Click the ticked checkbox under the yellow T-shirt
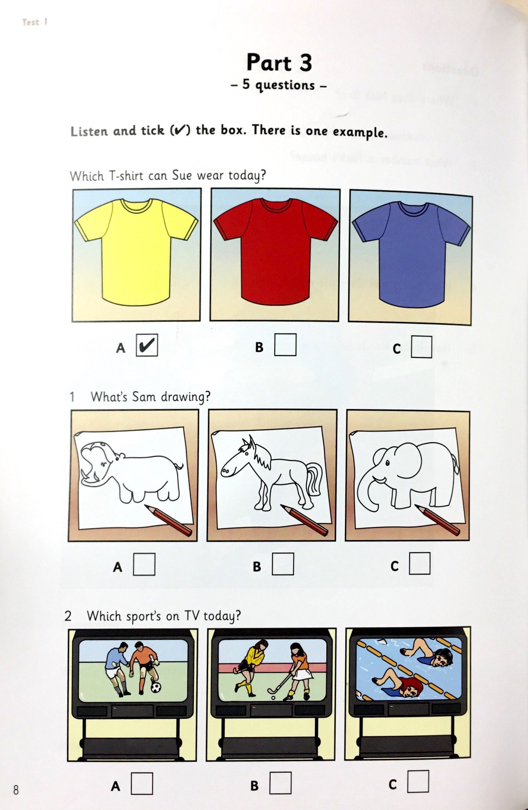click(147, 345)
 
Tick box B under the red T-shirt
click(285, 344)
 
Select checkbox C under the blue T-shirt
click(421, 347)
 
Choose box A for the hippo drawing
click(144, 564)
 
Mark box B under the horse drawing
click(283, 564)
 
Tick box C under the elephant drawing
click(419, 563)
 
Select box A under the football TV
click(142, 784)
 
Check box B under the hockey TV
click(280, 783)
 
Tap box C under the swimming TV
click(418, 781)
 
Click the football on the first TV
click(156, 687)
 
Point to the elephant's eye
click(387, 463)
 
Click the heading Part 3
click(279, 62)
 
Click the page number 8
click(16, 790)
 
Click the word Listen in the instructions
click(89, 131)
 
